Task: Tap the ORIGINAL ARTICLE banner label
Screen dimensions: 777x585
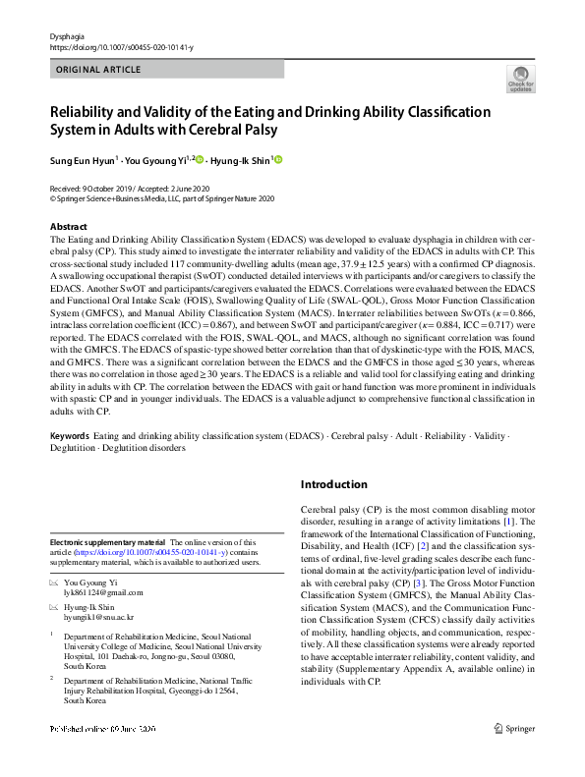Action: tap(97, 71)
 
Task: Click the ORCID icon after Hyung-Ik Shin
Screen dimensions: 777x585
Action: tap(277, 159)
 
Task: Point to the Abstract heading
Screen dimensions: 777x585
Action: tap(68, 226)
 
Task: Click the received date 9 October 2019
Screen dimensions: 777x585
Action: tap(111, 187)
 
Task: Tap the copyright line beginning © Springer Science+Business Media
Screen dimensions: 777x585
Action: tap(163, 196)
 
